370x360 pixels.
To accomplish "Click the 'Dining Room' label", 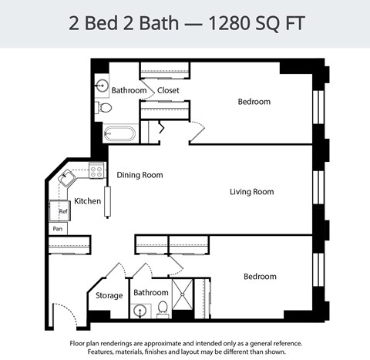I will click(140, 175).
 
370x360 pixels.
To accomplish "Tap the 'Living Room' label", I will click(251, 192).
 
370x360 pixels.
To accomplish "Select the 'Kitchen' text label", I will click(87, 201).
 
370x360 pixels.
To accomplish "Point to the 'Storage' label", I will click(109, 295).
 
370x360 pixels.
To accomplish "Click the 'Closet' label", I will click(168, 90).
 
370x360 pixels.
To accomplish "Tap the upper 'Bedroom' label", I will click(254, 102).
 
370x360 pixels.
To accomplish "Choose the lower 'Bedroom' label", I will click(260, 277).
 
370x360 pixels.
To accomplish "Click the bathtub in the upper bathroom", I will click(119, 133).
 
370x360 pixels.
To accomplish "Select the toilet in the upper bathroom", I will click(104, 109).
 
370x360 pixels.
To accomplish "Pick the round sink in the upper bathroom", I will click(102, 86).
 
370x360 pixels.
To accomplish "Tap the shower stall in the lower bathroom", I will click(183, 298).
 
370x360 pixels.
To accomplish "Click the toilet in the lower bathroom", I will click(163, 310).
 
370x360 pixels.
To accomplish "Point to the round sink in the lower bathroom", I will click(140, 311).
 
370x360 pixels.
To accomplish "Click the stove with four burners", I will click(96, 171).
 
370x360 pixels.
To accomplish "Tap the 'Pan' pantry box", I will click(57, 229).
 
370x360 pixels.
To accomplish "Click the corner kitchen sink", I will click(67, 179).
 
